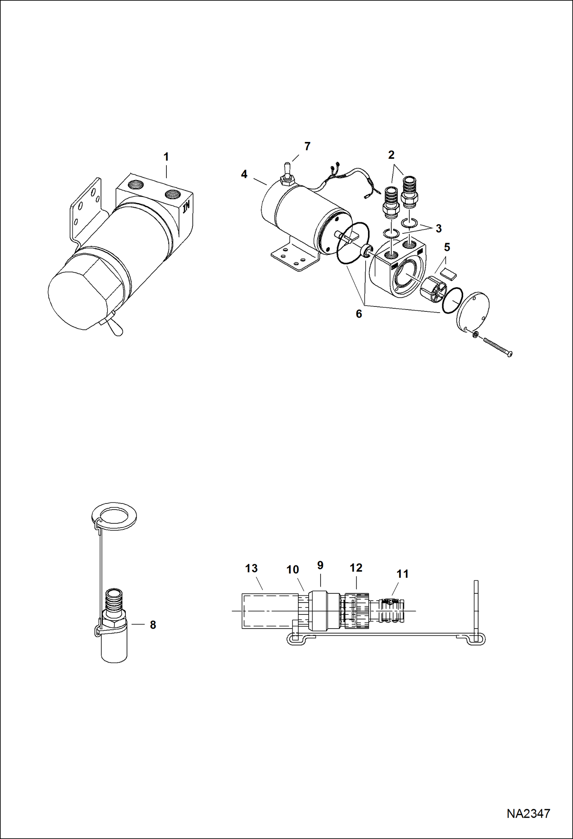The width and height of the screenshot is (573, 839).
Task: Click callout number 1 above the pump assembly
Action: (x=166, y=157)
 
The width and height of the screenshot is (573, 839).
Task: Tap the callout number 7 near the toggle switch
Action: (x=307, y=147)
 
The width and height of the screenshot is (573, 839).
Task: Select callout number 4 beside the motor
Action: (x=244, y=174)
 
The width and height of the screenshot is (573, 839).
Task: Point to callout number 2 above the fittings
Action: (x=391, y=155)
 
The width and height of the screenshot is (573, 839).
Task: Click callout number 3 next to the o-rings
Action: (x=438, y=228)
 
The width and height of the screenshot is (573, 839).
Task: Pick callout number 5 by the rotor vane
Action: (x=447, y=248)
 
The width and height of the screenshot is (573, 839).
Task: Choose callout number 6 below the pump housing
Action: (x=359, y=314)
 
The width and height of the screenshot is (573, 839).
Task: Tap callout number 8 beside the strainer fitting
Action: (x=153, y=625)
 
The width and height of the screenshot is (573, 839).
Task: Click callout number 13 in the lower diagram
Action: (x=251, y=569)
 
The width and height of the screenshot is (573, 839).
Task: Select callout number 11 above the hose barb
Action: (x=402, y=574)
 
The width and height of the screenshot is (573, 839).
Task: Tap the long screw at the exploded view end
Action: (x=497, y=347)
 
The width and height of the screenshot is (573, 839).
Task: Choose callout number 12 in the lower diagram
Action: (x=356, y=568)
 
